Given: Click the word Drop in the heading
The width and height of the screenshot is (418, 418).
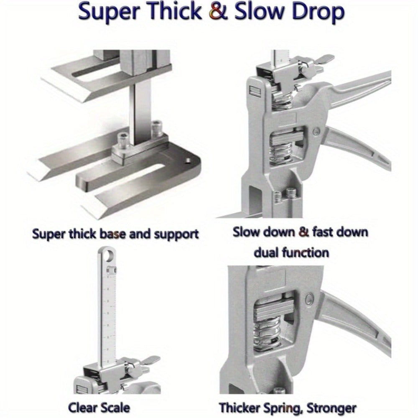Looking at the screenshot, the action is pos(318,13).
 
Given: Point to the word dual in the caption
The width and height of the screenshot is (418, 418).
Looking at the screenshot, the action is pos(265,252).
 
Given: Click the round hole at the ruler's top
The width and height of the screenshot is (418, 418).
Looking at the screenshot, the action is pos(110,257).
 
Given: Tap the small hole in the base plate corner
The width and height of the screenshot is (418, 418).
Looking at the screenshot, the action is pos(188,161).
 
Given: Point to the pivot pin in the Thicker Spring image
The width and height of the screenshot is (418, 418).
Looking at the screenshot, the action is pos(309,298).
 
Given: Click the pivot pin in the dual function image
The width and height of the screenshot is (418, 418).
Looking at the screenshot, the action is pos(316,131).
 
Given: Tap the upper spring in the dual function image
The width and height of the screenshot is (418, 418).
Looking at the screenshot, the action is pos(283,100).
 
